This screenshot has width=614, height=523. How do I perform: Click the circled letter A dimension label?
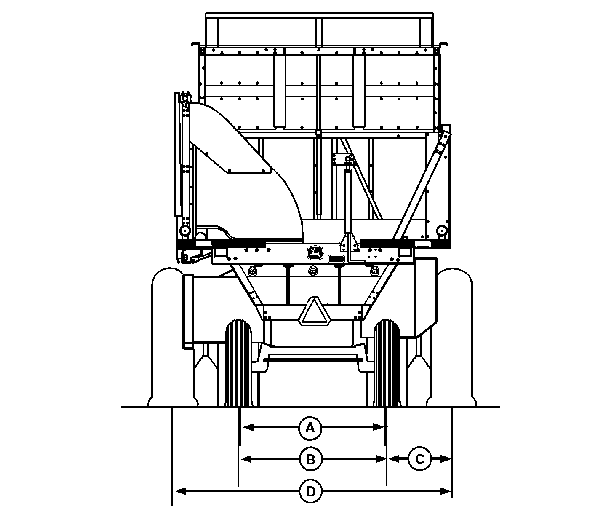(x=310, y=428)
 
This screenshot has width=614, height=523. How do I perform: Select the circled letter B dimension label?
(x=310, y=459)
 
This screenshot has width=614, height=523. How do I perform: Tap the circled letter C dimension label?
(x=420, y=459)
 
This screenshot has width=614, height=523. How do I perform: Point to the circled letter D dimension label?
(x=310, y=491)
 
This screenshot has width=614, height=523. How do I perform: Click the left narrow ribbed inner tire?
(x=238, y=362)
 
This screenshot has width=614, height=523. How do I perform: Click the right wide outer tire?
(x=454, y=337)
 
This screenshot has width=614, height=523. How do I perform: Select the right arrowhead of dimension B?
(x=381, y=459)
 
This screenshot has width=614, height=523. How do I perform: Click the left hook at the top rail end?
(x=195, y=44)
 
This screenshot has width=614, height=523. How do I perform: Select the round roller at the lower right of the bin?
(x=441, y=231)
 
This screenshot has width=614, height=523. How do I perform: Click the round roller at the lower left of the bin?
(x=184, y=231)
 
